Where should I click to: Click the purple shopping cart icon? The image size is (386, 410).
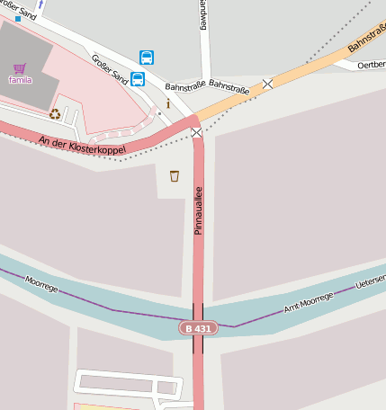tap(20, 67)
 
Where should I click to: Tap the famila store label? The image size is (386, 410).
tap(20, 80)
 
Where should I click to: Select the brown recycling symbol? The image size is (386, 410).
tap(55, 114)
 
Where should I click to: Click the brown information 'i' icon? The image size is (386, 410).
tap(167, 104)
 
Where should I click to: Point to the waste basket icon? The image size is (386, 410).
tap(174, 175)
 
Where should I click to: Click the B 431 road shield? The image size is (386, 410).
tap(196, 328)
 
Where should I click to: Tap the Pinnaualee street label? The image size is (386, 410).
tap(199, 209)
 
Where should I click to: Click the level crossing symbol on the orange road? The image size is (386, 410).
tap(267, 84)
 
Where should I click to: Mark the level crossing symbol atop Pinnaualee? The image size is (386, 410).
tap(196, 132)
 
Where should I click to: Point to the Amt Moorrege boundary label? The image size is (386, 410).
tap(309, 301)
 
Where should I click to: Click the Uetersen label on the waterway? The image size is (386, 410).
tap(371, 281)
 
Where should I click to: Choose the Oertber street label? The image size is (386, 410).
tap(371, 65)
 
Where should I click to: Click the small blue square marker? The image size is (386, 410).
tap(17, 18)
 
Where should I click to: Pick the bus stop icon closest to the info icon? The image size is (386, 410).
tap(138, 78)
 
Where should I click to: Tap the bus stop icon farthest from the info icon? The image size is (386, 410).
tap(147, 58)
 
